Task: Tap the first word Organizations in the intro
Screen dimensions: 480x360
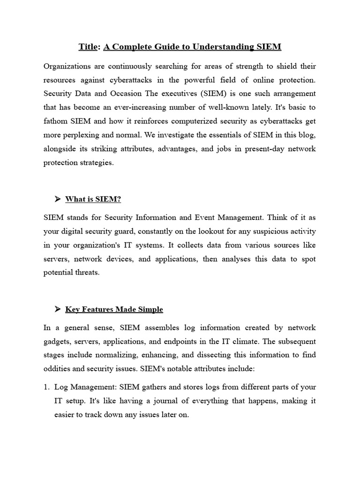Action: (67, 66)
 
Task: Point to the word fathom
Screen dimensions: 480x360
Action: (55, 120)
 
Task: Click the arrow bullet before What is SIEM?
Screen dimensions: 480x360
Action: (58, 199)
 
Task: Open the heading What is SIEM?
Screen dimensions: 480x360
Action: (93, 199)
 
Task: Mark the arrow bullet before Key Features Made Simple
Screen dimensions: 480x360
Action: (58, 309)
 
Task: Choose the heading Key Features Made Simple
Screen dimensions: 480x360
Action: (114, 309)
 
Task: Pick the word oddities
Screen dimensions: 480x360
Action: (56, 368)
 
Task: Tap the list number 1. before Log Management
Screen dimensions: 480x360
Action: (46, 388)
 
